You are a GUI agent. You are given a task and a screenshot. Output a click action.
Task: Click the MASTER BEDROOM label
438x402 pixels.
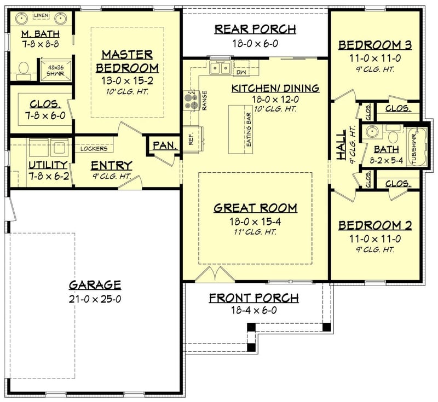coord(130,61)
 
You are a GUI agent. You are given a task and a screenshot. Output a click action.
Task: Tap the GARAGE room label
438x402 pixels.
coord(95,285)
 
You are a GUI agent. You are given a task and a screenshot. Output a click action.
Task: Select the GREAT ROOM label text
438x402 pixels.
coord(255,208)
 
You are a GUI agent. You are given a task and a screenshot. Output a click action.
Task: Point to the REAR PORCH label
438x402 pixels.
coord(255,29)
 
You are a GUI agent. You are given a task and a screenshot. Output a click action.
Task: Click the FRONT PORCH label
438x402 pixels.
coord(254,298)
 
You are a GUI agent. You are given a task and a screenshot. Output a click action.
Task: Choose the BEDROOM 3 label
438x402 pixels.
coord(375,45)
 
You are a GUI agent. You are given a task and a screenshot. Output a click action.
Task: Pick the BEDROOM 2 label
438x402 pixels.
coord(375,225)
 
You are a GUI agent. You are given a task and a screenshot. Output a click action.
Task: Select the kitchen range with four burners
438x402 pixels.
coord(191,99)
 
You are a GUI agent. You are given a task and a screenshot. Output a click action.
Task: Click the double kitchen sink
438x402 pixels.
coord(220,69)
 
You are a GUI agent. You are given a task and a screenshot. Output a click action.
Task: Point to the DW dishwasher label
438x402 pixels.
coord(240,72)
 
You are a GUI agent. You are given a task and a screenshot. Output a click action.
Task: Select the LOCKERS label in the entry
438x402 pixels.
coord(97,148)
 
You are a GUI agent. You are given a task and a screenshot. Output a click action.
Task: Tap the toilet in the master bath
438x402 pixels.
coord(24,69)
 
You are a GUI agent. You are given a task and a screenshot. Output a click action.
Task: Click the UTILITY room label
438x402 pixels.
coord(48,165)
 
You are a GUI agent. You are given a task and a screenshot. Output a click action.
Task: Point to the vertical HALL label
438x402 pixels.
coord(341,145)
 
